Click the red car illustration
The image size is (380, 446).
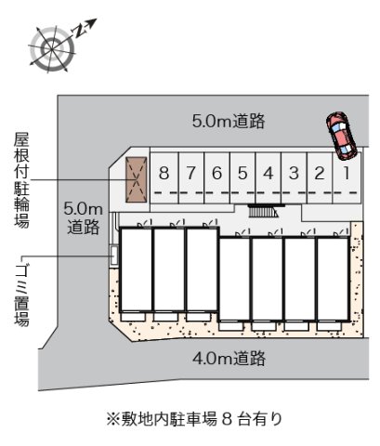coord(340,133)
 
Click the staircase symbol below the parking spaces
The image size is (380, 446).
coord(262,212)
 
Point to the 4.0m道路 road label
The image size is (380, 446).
coord(229,357)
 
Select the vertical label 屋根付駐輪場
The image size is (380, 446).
coord(20,180)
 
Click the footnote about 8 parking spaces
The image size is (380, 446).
coord(195,418)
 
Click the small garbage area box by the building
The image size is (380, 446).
coord(115,253)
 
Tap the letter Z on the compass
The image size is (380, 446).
coord(80,29)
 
